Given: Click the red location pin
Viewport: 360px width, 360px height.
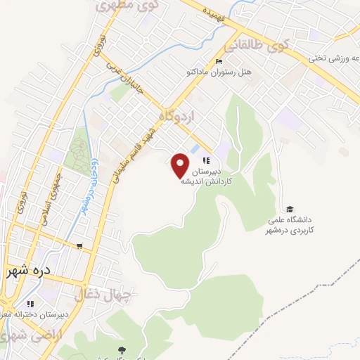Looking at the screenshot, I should point(181,165).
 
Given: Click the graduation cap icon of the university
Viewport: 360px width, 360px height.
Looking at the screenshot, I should point(290,209).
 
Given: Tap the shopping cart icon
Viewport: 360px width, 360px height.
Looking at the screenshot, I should point(80,247).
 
